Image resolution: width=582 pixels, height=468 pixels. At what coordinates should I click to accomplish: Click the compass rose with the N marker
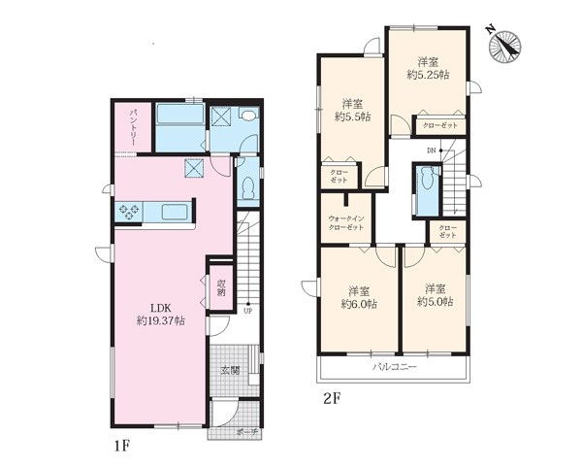(x=504, y=48)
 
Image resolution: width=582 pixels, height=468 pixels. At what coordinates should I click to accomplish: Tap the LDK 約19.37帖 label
(x=160, y=315)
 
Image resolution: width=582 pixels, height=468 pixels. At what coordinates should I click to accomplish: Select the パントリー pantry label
(x=133, y=127)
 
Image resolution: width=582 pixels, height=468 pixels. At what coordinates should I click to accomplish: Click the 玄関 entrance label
(x=230, y=370)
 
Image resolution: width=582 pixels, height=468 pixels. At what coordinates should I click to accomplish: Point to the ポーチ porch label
(x=246, y=432)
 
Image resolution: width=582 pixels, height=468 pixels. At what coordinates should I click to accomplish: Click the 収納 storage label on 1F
(x=221, y=287)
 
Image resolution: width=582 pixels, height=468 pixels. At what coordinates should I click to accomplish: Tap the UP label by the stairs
(x=247, y=311)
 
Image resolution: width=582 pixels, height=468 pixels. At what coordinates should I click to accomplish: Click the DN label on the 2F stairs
(x=431, y=150)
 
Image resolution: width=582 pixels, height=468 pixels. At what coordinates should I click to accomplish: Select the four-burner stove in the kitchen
(x=129, y=212)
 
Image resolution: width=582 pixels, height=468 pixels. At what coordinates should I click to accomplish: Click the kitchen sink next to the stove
(x=174, y=213)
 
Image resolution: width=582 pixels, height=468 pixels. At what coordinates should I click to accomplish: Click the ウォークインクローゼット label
(x=346, y=223)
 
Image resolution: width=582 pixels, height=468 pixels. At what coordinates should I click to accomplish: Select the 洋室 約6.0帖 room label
(x=359, y=297)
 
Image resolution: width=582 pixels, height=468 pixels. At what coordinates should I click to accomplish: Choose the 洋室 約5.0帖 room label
(x=435, y=295)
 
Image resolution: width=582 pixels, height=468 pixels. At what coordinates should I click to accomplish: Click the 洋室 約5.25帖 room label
(x=429, y=68)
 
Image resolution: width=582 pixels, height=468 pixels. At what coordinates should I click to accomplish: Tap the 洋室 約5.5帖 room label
(x=352, y=111)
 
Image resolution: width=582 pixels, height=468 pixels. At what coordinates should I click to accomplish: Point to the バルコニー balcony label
(x=395, y=367)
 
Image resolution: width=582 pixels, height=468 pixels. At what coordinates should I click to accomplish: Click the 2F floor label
(x=333, y=398)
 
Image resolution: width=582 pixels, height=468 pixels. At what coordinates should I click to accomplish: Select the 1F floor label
(x=121, y=445)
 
